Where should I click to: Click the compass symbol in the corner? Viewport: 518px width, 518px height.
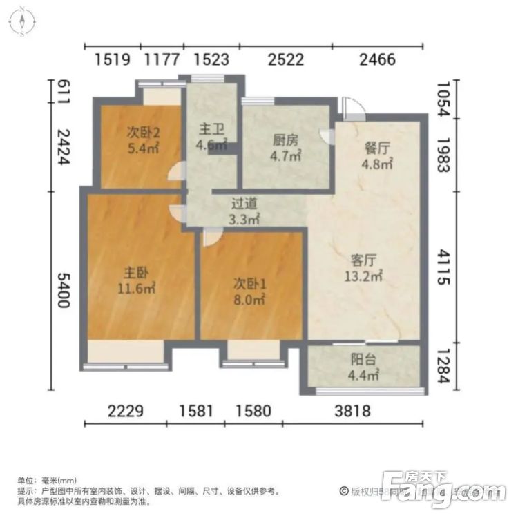(23, 21)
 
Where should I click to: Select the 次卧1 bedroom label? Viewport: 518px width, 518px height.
(249, 283)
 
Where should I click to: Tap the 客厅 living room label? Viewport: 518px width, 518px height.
(363, 260)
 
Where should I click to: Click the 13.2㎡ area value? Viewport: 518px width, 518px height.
(364, 276)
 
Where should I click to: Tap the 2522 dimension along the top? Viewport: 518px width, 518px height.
(286, 59)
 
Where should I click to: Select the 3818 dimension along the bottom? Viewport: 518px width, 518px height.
(352, 412)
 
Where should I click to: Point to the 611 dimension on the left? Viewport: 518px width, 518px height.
(63, 92)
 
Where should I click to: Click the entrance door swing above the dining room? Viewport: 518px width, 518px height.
(352, 107)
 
